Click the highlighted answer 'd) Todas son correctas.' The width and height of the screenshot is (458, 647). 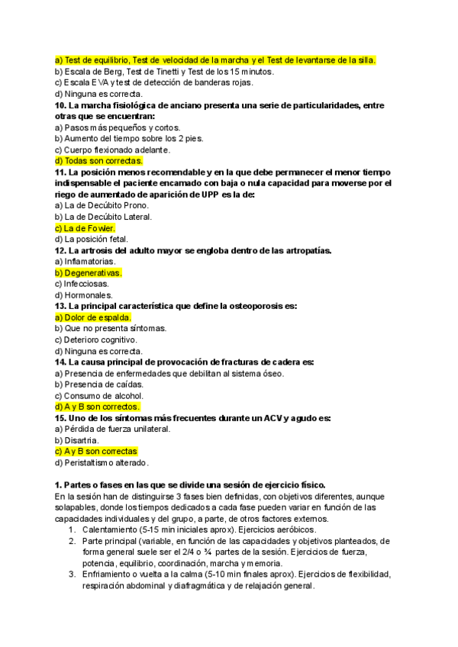coord(98,161)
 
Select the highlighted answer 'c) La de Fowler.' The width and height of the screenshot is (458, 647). coord(85,228)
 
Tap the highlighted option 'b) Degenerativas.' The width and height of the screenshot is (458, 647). coord(88,272)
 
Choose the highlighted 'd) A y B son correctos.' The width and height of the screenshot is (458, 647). coord(97,407)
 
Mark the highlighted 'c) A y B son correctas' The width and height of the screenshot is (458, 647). coord(95,452)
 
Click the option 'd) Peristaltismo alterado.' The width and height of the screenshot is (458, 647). coord(102,462)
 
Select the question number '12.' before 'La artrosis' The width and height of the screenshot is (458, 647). coord(60,250)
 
